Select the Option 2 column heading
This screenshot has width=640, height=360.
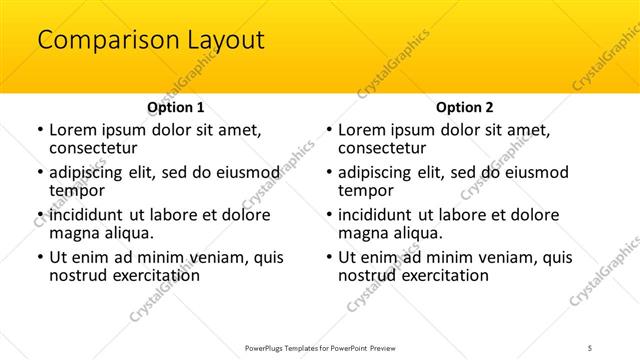[x=464, y=107]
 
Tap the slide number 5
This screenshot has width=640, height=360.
[x=591, y=347]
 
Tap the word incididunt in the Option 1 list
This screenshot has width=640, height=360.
[x=90, y=215]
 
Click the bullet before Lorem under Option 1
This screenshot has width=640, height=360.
[x=39, y=130]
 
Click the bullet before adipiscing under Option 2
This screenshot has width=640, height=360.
[x=328, y=172]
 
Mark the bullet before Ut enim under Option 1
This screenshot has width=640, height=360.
[x=39, y=257]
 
